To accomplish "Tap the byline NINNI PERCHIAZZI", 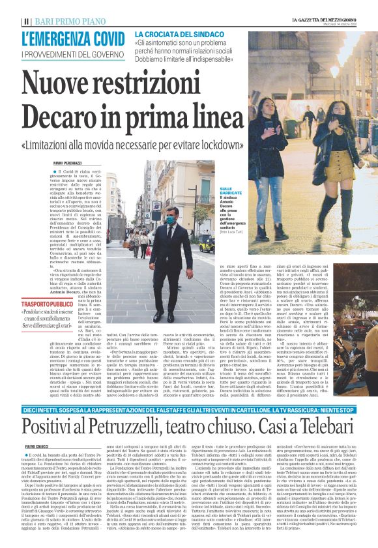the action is tap(49, 160).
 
